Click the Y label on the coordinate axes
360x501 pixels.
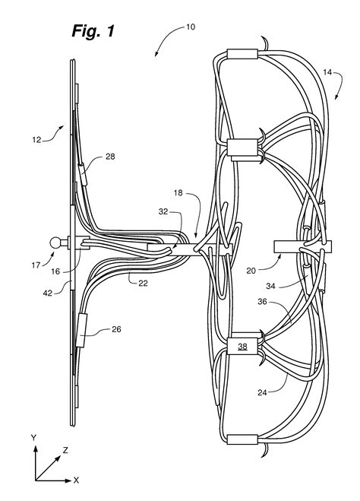pyautogui.click(x=33, y=437)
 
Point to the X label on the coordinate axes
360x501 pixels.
pyautogui.click(x=77, y=480)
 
